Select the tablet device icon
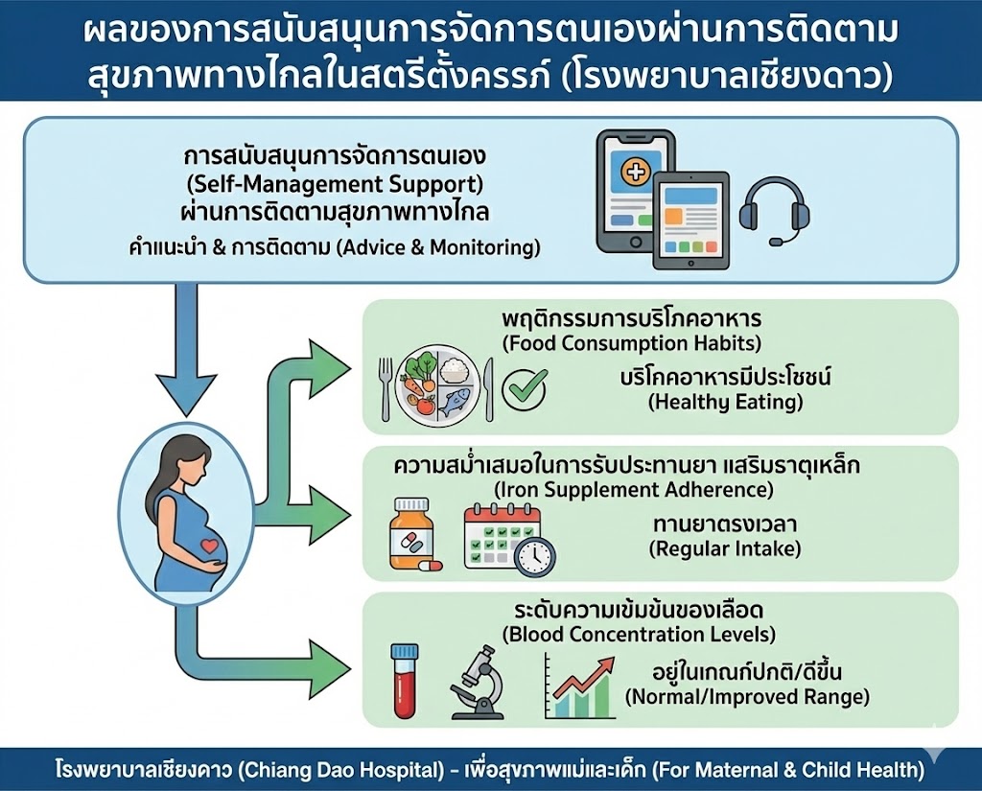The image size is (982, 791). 690,220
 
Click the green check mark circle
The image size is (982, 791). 525,388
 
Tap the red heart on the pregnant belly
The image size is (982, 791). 208,546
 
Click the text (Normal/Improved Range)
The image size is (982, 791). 747,697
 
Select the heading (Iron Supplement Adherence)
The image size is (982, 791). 625,489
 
